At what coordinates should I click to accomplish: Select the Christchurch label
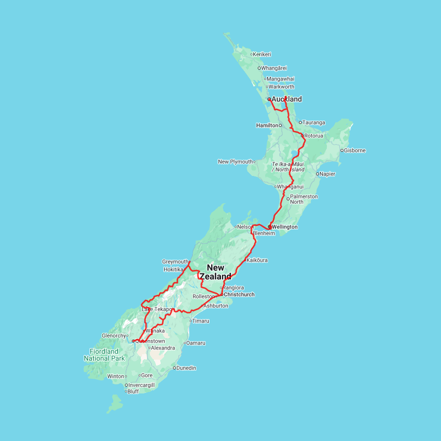pyautogui.click(x=239, y=294)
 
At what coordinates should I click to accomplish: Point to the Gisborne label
pyautogui.click(x=355, y=150)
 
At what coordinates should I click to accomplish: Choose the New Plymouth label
pyautogui.click(x=235, y=162)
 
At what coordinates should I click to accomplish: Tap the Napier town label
pyautogui.click(x=328, y=174)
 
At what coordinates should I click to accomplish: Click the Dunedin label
pyautogui.click(x=186, y=368)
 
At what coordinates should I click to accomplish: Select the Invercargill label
pyautogui.click(x=142, y=385)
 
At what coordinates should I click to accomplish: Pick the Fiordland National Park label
pyautogui.click(x=104, y=355)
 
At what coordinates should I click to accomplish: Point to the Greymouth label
pyautogui.click(x=175, y=262)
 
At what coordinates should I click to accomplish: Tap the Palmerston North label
pyautogui.click(x=304, y=199)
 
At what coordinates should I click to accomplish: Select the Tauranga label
pyautogui.click(x=314, y=122)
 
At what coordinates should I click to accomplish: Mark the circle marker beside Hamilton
pyautogui.click(x=280, y=125)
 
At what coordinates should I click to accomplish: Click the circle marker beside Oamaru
pyautogui.click(x=185, y=343)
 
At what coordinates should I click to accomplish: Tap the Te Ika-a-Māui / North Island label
pyautogui.click(x=288, y=167)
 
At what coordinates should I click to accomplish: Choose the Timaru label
pyautogui.click(x=201, y=321)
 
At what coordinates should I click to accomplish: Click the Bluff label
pyautogui.click(x=133, y=392)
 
